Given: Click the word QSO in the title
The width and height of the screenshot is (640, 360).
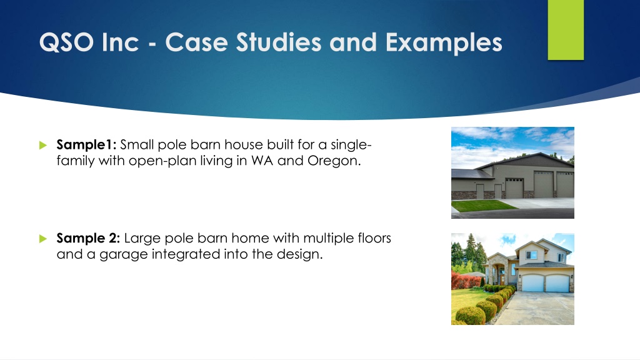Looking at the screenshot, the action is (66, 42).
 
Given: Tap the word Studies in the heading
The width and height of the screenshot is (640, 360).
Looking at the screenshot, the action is (279, 42).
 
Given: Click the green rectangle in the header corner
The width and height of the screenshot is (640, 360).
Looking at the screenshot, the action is (566, 30).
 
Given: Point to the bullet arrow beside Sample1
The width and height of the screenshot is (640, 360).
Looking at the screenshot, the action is (43, 145).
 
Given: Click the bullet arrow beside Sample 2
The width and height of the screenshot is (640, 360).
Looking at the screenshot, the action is (43, 238).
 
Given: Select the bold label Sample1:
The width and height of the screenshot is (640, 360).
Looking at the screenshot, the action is (86, 144).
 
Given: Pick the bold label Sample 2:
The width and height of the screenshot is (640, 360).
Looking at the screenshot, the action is (88, 238).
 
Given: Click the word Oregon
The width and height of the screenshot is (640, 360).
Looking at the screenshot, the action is (334, 161).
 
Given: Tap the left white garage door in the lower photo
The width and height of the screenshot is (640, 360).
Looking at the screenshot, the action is (532, 283).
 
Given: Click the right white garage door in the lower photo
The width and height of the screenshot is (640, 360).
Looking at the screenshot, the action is (557, 283).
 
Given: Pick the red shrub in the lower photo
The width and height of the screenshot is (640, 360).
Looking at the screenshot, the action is (464, 281).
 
